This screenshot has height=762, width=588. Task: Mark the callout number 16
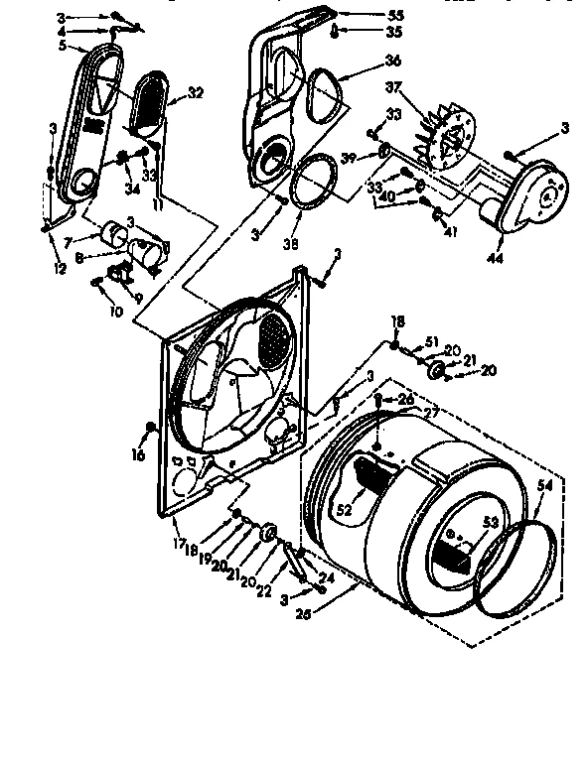coord(138,454)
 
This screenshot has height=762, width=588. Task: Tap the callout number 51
coord(432,342)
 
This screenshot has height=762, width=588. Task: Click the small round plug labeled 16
coord(149,428)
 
